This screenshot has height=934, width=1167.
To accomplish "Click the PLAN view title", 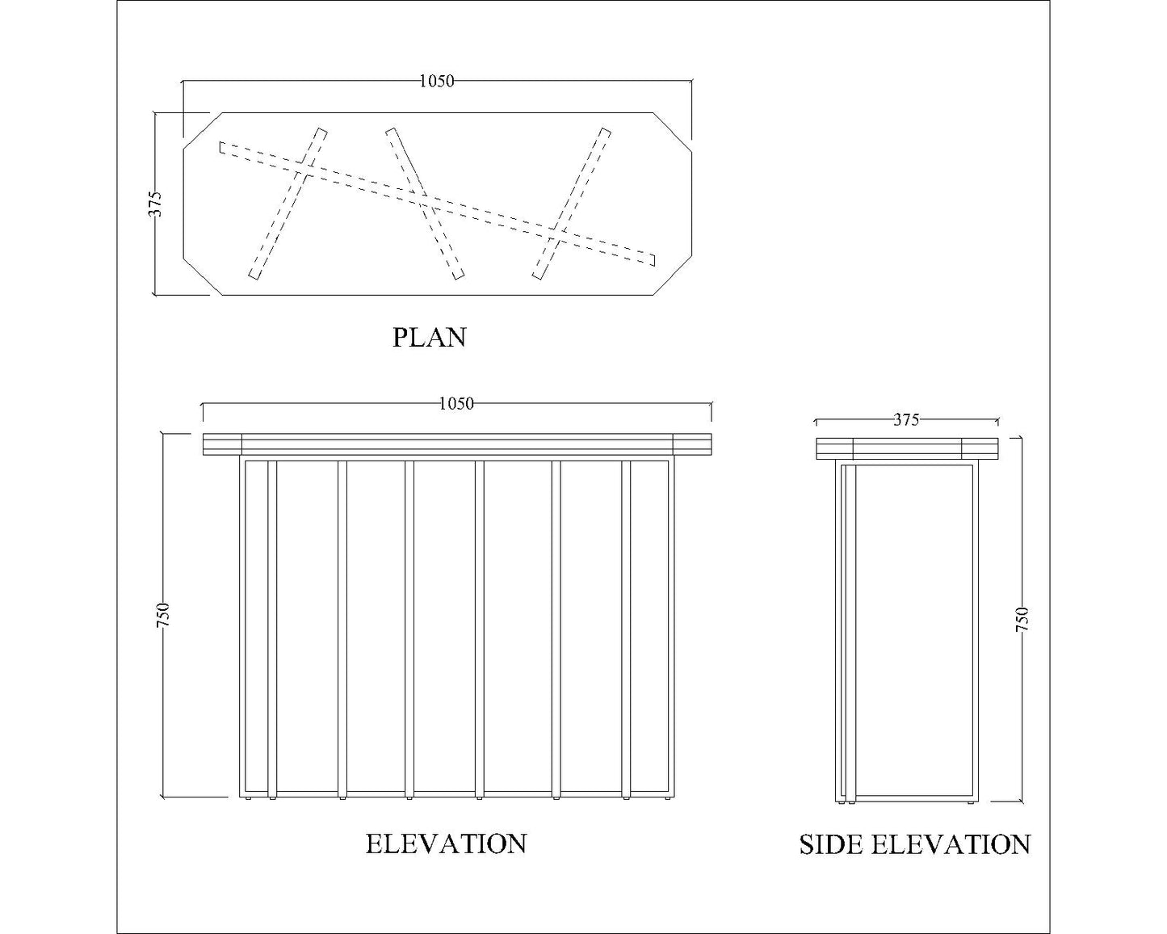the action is pyautogui.click(x=429, y=337).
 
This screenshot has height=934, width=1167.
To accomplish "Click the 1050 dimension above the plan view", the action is pyautogui.click(x=437, y=82).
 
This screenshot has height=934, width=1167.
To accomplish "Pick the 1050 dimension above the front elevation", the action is pyautogui.click(x=456, y=404).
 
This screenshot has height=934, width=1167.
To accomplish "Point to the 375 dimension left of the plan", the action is pyautogui.click(x=155, y=204).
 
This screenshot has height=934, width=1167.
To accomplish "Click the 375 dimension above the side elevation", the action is pyautogui.click(x=906, y=420).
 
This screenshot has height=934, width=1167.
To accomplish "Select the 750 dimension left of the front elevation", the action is pyautogui.click(x=163, y=616).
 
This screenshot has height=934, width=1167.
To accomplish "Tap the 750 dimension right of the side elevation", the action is pyautogui.click(x=1022, y=619).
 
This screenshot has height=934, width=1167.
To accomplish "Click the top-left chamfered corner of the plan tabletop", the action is pyautogui.click(x=203, y=130).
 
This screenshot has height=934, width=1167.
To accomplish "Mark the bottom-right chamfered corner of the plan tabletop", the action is pyautogui.click(x=673, y=277).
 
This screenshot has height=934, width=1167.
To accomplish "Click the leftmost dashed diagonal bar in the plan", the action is pyautogui.click(x=288, y=204).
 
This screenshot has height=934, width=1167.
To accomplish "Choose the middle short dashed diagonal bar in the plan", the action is pyautogui.click(x=425, y=204).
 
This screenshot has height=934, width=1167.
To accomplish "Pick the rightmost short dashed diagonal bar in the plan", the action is pyautogui.click(x=572, y=204).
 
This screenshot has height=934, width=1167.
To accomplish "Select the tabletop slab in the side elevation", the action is pyautogui.click(x=907, y=448).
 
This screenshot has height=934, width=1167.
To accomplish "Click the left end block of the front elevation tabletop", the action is pyautogui.click(x=222, y=444).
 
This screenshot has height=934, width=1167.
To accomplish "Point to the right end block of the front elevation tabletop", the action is pyautogui.click(x=692, y=444).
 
